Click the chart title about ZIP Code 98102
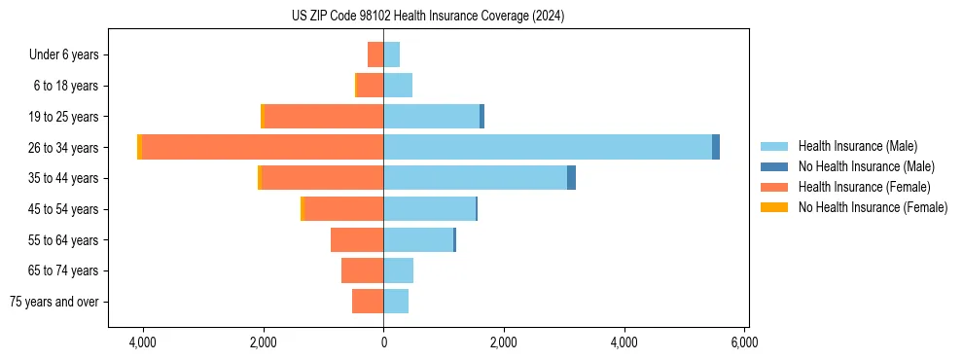click(x=427, y=17)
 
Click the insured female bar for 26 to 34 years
click(x=263, y=147)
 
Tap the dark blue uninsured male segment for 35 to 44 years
click(x=571, y=178)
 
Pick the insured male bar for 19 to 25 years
click(x=431, y=117)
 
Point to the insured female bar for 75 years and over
click(x=368, y=302)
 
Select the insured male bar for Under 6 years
click(x=392, y=54)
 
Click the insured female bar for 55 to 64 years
click(x=357, y=240)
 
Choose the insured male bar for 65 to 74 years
click(x=399, y=270)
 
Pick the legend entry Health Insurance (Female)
click(x=864, y=187)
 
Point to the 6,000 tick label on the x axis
click(x=744, y=342)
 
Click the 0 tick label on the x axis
click(x=383, y=342)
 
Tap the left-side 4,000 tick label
click(x=143, y=342)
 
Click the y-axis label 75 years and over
click(x=53, y=302)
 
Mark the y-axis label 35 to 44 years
click(x=63, y=178)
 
